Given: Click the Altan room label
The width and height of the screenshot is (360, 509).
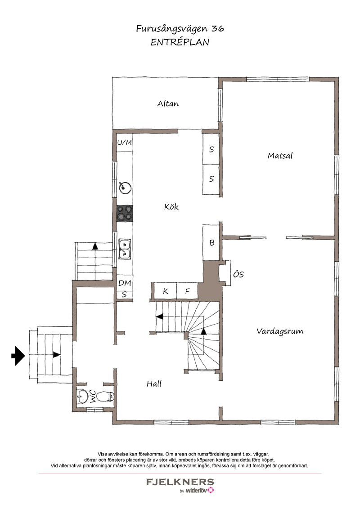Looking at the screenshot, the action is click(x=168, y=103).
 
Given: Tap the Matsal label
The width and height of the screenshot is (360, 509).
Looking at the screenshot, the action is click(x=280, y=156).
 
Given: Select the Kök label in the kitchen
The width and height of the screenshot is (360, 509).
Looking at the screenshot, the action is click(x=171, y=207).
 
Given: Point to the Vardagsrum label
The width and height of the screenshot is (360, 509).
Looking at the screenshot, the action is click(x=280, y=331).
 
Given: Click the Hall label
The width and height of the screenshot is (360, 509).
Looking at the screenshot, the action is click(x=154, y=384).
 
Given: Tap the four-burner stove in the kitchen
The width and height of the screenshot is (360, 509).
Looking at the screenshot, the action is click(x=125, y=213).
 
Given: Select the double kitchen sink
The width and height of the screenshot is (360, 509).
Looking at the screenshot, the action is click(x=125, y=249).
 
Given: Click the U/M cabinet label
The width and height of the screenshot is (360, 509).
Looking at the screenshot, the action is click(x=125, y=142).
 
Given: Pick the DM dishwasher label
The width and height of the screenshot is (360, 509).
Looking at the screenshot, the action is click(x=125, y=283).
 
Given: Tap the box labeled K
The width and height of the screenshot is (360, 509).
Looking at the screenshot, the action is click(x=165, y=290).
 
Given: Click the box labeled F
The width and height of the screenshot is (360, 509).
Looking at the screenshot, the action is click(x=187, y=290).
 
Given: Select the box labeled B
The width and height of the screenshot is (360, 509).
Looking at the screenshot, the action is click(x=211, y=242).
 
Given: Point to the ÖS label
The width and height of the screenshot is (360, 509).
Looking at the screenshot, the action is click(x=238, y=274).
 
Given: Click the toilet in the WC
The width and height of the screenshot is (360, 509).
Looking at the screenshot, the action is click(x=106, y=396).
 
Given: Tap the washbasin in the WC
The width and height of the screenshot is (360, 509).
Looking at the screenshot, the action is click(x=82, y=396).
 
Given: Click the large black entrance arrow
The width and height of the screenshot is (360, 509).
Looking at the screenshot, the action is click(x=18, y=356).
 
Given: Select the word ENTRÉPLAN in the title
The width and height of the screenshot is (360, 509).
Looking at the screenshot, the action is click(x=180, y=42).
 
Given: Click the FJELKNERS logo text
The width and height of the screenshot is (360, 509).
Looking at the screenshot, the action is click(x=180, y=482).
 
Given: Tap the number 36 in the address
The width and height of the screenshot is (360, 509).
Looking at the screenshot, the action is click(x=218, y=29).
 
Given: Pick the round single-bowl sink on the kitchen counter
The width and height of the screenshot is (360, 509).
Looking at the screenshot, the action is click(x=125, y=188).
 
